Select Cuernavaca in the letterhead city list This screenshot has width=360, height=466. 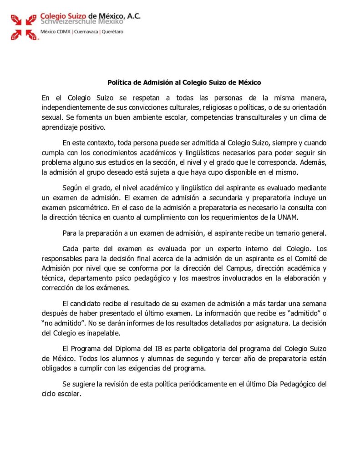tap(85, 32)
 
